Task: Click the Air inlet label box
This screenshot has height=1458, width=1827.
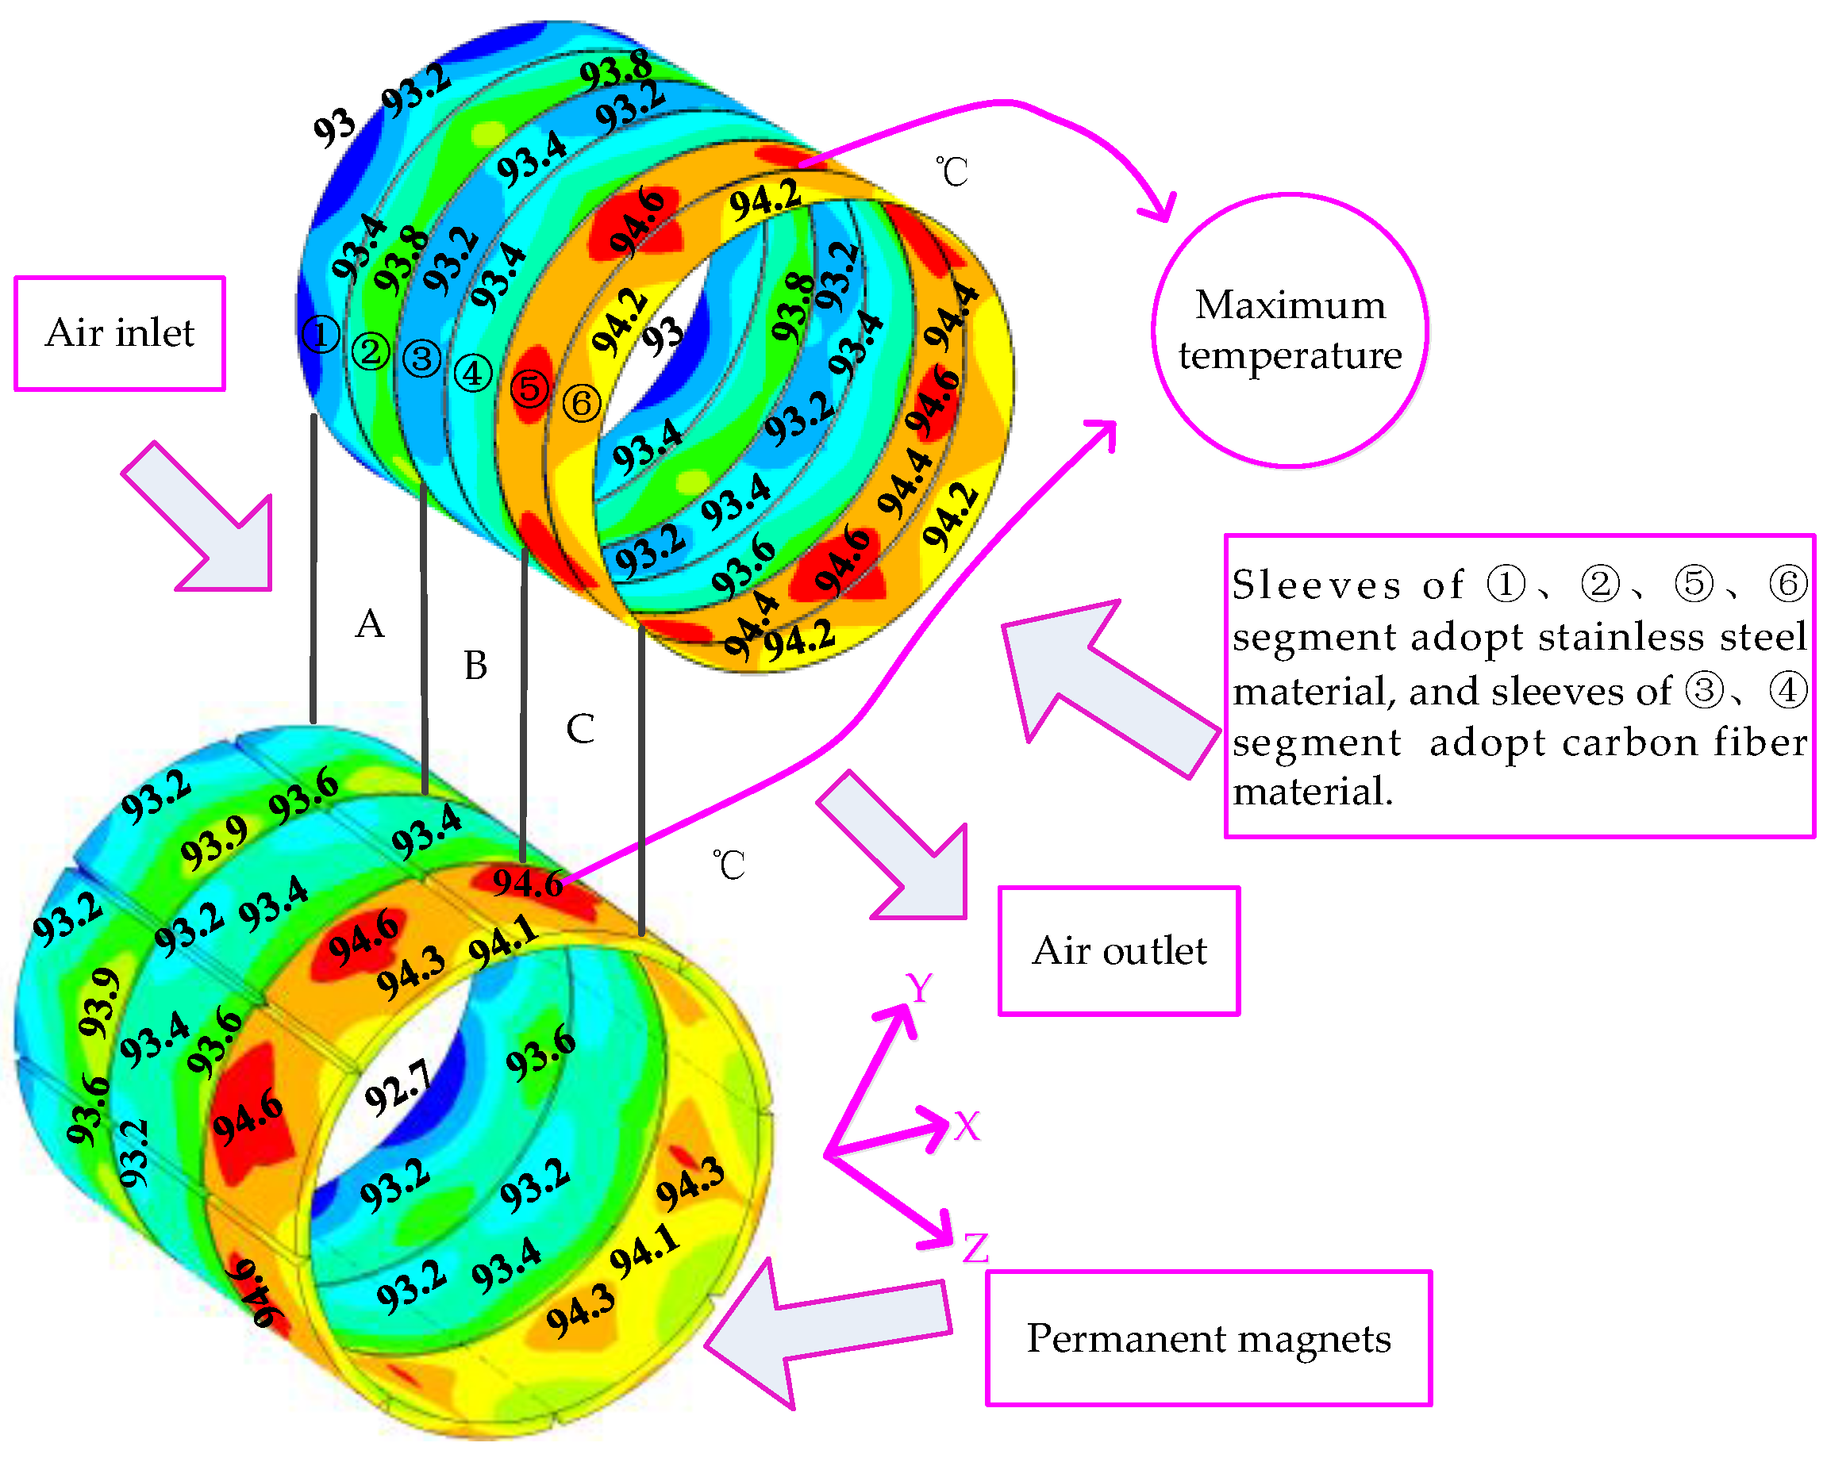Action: [x=120, y=333]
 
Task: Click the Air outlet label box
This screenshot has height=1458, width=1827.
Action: [x=1118, y=950]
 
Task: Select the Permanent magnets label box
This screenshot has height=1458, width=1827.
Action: [x=1209, y=1338]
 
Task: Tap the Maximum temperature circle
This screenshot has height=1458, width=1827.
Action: [x=1290, y=331]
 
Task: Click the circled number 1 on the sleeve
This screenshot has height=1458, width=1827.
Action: [x=321, y=335]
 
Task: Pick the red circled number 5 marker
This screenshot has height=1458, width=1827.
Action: [x=530, y=389]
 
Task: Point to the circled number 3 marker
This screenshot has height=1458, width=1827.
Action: [x=422, y=359]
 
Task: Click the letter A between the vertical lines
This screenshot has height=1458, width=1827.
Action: [x=370, y=624]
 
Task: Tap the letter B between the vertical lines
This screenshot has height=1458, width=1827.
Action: [x=475, y=666]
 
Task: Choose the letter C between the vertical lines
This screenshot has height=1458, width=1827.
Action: [x=580, y=728]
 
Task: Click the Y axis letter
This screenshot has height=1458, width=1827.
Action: [x=918, y=988]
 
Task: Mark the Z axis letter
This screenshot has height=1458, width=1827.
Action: [x=975, y=1249]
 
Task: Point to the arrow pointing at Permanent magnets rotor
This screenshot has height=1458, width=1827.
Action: [x=826, y=1330]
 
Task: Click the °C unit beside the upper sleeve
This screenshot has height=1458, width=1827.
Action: [x=952, y=172]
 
